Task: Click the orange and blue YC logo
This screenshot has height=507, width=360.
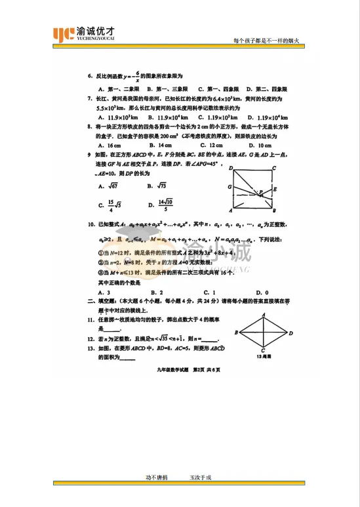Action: click(x=64, y=33)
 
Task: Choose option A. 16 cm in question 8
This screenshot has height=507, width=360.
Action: click(x=109, y=145)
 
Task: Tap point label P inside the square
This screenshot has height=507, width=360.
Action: click(x=260, y=192)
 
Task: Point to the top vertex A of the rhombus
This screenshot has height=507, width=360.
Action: click(x=263, y=314)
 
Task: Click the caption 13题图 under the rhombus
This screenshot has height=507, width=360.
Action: click(x=263, y=357)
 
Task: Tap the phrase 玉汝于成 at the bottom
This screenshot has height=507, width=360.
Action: click(x=201, y=477)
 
